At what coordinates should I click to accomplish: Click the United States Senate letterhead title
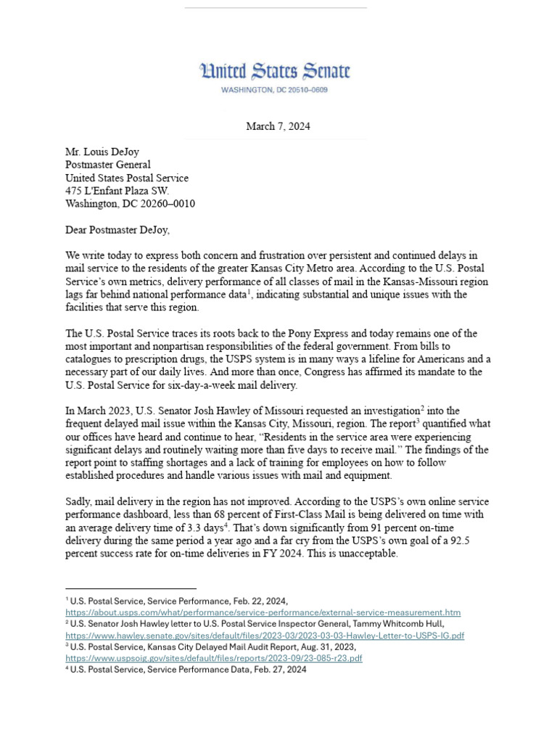(x=275, y=71)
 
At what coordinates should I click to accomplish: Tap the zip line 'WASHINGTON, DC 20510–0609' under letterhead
(x=275, y=90)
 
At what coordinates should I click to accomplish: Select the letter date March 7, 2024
(x=278, y=126)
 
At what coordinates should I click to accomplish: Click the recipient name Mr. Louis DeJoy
(x=102, y=152)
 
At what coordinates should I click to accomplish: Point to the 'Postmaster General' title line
(x=108, y=165)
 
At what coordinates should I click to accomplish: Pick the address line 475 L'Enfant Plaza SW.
(x=117, y=192)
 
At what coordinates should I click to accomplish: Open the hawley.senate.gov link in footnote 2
(x=265, y=636)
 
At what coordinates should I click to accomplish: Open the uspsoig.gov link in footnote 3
(x=214, y=658)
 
